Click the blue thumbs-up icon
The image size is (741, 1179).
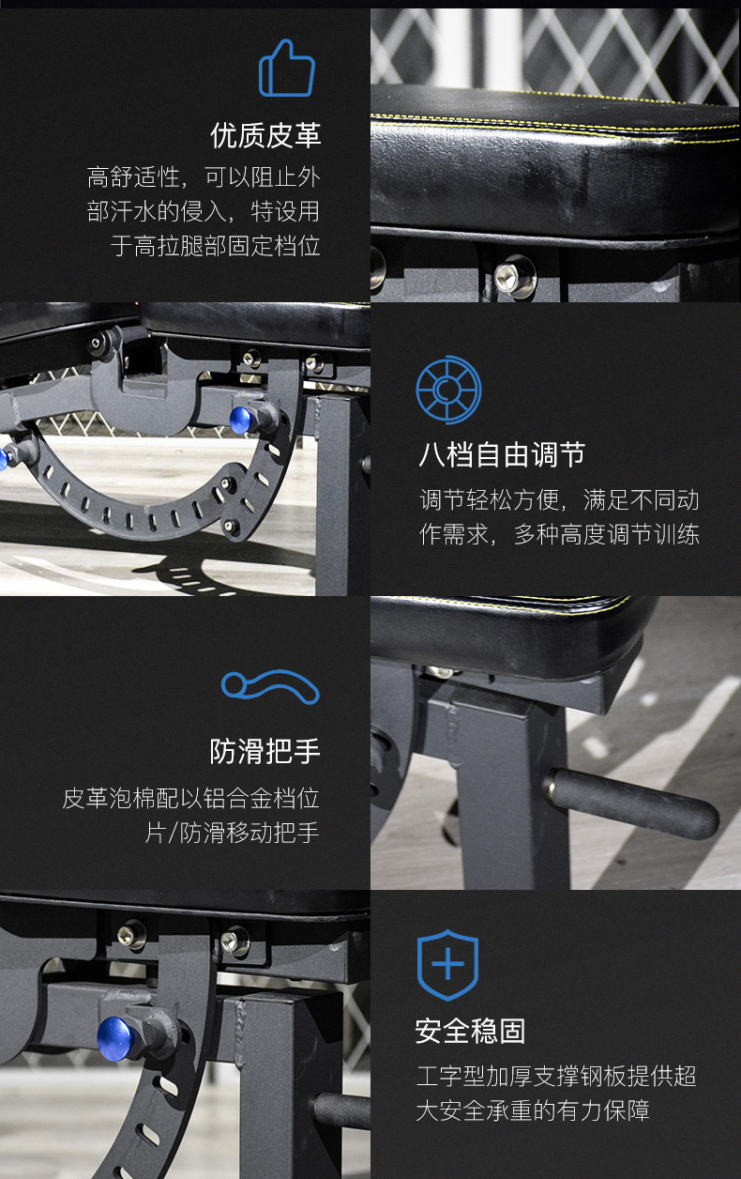(x=287, y=69)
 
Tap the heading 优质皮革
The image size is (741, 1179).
(x=265, y=135)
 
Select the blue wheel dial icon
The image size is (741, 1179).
(x=448, y=390)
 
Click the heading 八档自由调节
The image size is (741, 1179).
(x=502, y=454)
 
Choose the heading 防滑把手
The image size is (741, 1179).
(x=265, y=751)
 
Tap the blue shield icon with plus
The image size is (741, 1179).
(x=447, y=965)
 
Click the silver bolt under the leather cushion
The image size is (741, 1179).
(x=515, y=275)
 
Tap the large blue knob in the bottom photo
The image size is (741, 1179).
(x=116, y=1038)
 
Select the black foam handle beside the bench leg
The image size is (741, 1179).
(x=631, y=804)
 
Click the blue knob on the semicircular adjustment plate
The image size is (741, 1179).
(x=241, y=420)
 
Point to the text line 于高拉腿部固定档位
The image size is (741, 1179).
(x=215, y=246)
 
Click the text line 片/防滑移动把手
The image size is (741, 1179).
(x=232, y=833)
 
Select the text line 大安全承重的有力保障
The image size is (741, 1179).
(x=533, y=1110)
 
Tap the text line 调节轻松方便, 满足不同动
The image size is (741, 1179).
(x=559, y=500)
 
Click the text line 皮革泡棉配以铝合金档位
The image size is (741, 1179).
(x=191, y=798)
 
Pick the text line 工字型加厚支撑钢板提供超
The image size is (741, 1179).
(x=556, y=1076)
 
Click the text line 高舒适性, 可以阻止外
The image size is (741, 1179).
(x=204, y=176)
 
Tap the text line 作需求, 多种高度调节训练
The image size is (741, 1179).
(x=559, y=535)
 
